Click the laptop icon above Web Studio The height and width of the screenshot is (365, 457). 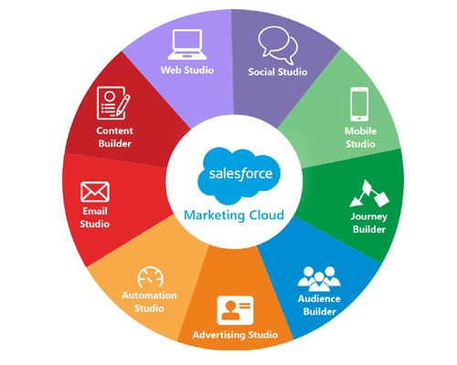tap(187, 45)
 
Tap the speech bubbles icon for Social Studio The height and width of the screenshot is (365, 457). tap(278, 45)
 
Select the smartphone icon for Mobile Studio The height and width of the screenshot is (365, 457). tap(359, 104)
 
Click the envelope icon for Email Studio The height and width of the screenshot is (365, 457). tap(95, 192)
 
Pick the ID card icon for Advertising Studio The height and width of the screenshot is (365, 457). tap(235, 310)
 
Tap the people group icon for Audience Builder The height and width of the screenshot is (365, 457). tap(319, 279)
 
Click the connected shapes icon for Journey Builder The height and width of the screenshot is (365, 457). tap(369, 193)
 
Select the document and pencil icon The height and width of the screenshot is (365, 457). tap(113, 103)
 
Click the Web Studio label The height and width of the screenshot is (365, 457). tap(187, 70)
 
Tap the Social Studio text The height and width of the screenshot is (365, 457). tap(278, 72)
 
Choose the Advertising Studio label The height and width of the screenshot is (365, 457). tap(235, 335)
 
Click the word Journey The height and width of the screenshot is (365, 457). tap(369, 216)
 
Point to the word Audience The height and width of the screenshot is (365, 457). tap(319, 298)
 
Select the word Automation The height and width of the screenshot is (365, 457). tap(149, 296)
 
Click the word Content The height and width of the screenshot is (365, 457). tap(114, 130)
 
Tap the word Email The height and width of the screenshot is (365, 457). tap(95, 211)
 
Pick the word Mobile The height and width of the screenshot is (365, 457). tap(360, 131)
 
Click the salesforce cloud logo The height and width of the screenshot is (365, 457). tap(239, 175)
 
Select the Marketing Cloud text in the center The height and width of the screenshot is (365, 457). tap(234, 215)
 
